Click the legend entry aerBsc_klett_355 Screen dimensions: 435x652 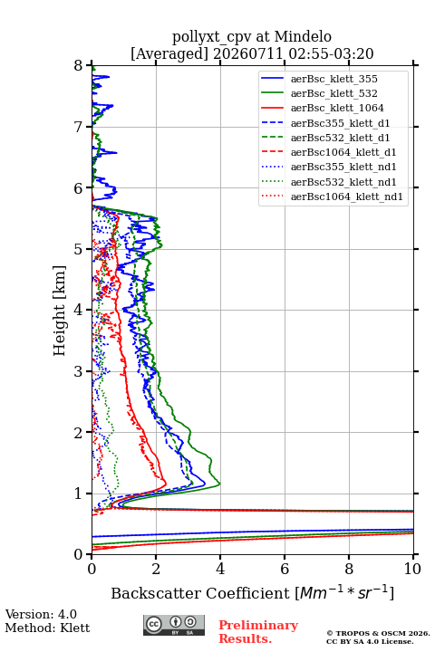pyautogui.click(x=333, y=79)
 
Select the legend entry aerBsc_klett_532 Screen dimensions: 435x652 pyautogui.click(x=333, y=93)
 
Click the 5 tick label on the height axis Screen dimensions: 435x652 pyautogui.click(x=78, y=250)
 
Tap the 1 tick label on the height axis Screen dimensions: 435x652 pyautogui.click(x=78, y=494)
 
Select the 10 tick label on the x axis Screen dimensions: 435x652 pyautogui.click(x=412, y=569)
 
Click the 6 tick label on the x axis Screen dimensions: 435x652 pyautogui.click(x=285, y=569)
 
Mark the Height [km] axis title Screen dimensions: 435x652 pyautogui.click(x=60, y=311)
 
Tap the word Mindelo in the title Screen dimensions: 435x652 pyautogui.click(x=303, y=36)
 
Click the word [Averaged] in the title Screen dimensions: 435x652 pyautogui.click(x=169, y=54)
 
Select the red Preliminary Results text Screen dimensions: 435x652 pyautogui.click(x=258, y=632)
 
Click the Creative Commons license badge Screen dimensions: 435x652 pyautogui.click(x=174, y=626)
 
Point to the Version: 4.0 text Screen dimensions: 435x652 pyautogui.click(x=41, y=615)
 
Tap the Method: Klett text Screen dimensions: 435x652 pyautogui.click(x=47, y=628)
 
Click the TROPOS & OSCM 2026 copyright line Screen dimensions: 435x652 pyautogui.click(x=378, y=633)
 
